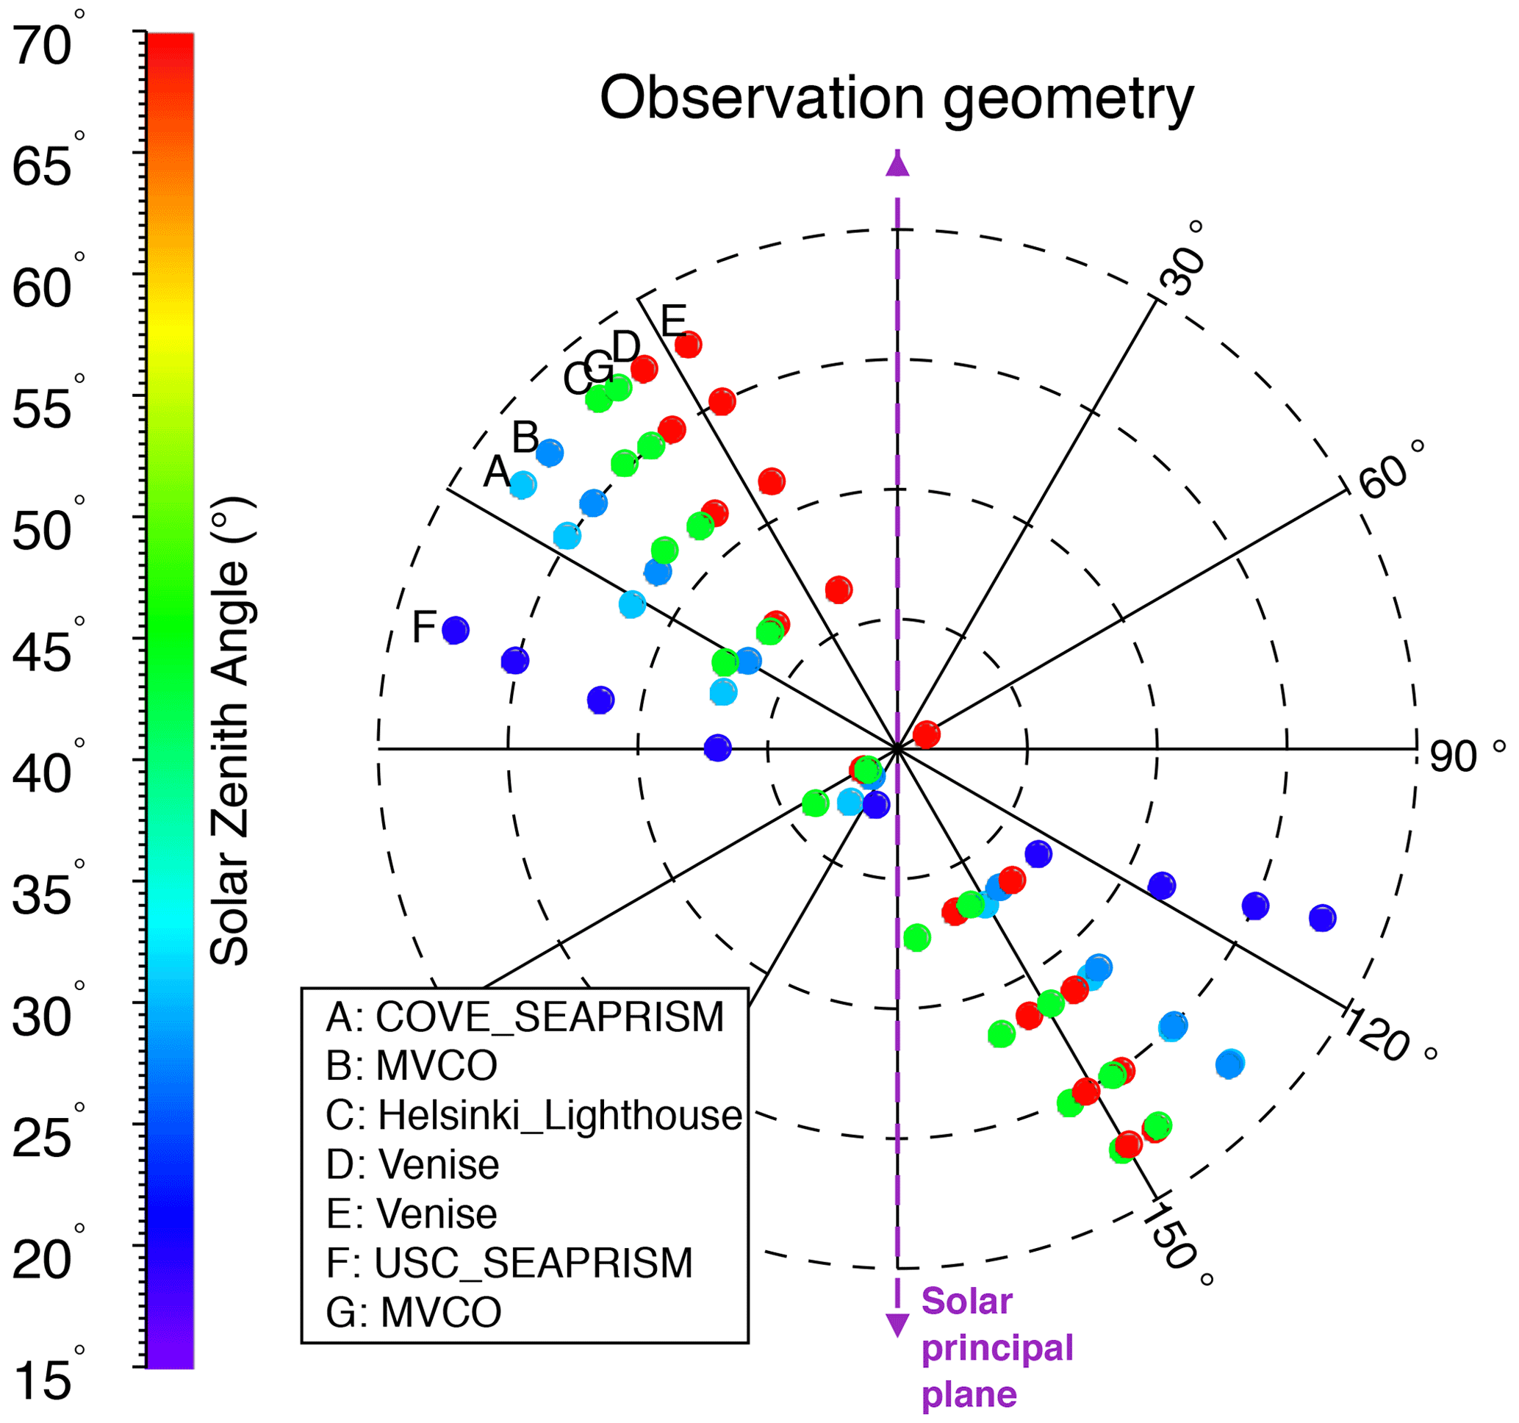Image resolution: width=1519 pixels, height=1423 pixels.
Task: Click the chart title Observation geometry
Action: click(896, 99)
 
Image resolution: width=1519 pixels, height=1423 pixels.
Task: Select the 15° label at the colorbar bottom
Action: click(44, 1380)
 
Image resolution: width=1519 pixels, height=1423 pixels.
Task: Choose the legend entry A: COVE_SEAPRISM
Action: click(524, 1017)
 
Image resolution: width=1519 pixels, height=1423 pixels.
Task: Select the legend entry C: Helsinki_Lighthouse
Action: click(534, 1115)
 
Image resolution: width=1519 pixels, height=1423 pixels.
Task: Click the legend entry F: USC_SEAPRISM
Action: click(509, 1263)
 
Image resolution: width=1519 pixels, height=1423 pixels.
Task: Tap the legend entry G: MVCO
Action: click(413, 1312)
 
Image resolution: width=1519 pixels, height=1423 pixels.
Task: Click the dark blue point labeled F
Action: click(456, 631)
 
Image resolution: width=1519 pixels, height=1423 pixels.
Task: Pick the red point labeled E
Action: click(689, 345)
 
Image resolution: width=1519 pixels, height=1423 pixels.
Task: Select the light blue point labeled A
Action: click(523, 484)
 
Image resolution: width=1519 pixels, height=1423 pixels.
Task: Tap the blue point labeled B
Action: click(550, 454)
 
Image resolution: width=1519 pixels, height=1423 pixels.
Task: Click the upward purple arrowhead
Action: click(897, 165)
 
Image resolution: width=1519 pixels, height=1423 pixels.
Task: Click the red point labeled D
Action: click(644, 369)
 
